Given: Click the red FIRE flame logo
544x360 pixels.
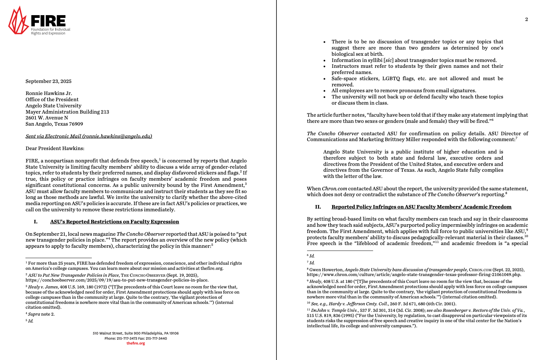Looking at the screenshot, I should (18, 21).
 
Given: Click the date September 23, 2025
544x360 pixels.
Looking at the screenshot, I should (48, 81).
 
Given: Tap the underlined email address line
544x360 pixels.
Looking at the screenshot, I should (89, 136).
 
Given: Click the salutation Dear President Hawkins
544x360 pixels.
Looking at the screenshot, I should (55, 148).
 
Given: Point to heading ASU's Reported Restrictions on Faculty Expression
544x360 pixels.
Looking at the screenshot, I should (115, 222).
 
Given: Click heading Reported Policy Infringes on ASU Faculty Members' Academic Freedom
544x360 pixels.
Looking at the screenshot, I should (421, 207).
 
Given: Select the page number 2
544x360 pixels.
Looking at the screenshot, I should (526, 19).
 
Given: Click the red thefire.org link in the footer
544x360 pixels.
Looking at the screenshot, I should (135, 343).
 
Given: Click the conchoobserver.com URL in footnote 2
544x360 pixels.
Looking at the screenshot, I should (117, 280).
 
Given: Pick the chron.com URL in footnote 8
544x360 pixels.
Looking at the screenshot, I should (414, 275).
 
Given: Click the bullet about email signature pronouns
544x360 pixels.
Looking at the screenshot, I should (403, 91).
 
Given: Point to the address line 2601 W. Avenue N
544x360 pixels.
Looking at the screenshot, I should (47, 118).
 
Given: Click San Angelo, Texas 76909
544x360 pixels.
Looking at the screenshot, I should (54, 124).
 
